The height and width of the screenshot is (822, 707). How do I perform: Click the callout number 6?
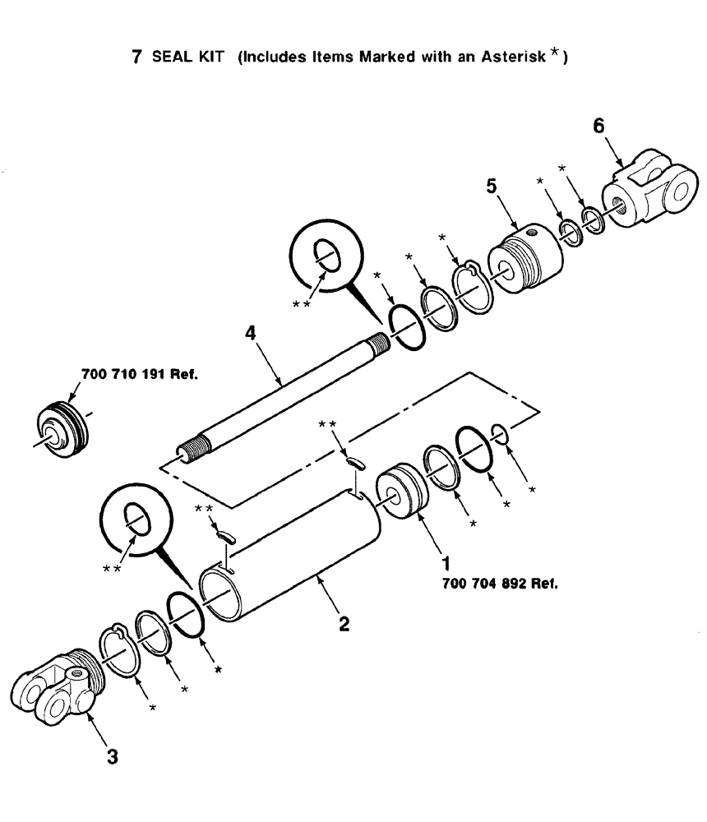[x=598, y=126]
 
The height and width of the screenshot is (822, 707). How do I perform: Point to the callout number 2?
[x=344, y=624]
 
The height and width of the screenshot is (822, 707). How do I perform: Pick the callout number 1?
[x=446, y=566]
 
